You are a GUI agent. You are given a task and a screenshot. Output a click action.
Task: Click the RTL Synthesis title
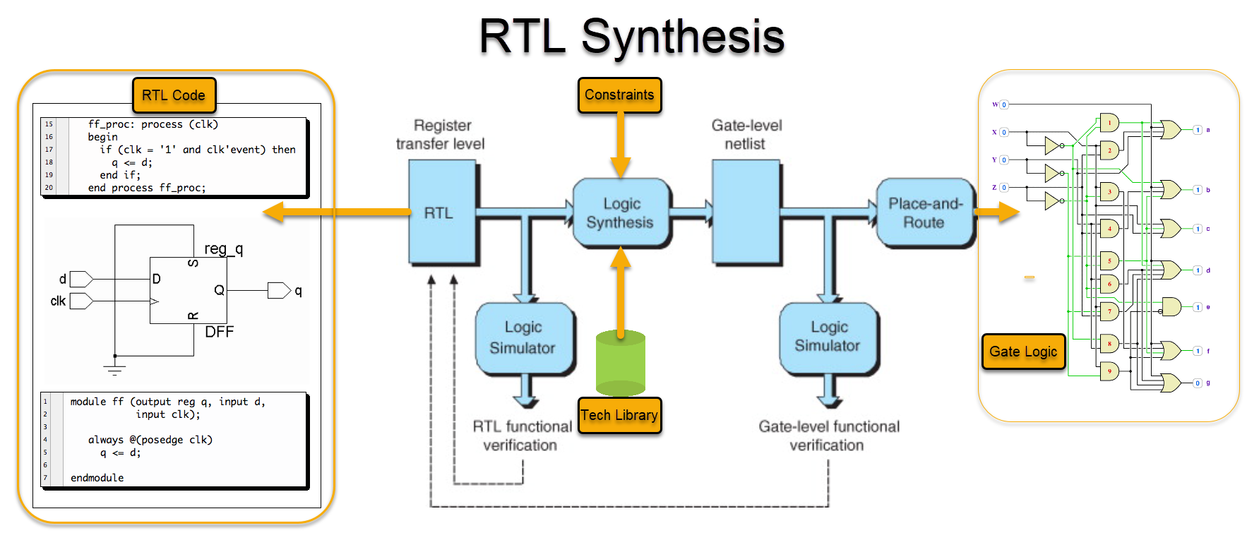click(631, 37)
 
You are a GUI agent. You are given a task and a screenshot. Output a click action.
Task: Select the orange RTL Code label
click(174, 95)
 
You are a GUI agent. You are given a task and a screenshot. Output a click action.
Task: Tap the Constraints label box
click(619, 95)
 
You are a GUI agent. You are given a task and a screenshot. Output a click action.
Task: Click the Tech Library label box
click(619, 415)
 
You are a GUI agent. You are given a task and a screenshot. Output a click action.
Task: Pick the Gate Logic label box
click(1022, 352)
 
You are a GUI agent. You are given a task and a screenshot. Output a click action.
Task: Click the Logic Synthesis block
click(620, 212)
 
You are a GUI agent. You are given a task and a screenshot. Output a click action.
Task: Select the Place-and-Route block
click(924, 212)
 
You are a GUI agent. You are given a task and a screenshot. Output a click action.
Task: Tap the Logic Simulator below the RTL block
click(523, 337)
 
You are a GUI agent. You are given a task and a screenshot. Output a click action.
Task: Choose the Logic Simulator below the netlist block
click(828, 337)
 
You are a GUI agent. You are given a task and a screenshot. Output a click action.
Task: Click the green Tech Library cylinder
click(620, 363)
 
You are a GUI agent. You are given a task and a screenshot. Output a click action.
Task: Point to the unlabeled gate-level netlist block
click(746, 212)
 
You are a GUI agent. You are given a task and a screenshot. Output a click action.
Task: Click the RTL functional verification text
click(522, 436)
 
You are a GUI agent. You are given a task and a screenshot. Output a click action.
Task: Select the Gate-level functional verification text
click(828, 436)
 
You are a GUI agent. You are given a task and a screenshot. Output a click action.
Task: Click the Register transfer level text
click(441, 134)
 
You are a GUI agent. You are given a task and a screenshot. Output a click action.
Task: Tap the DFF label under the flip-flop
click(219, 332)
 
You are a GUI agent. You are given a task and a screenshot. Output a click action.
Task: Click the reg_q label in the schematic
click(223, 248)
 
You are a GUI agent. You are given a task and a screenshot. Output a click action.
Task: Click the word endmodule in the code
click(97, 478)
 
